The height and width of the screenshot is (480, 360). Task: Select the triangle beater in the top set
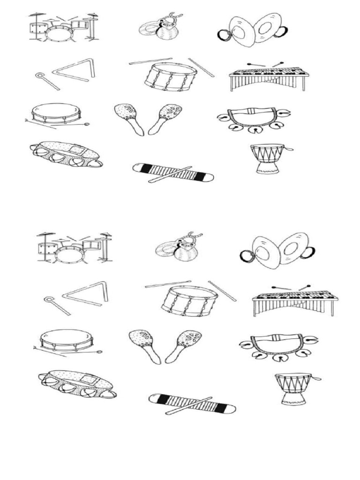point(47,81)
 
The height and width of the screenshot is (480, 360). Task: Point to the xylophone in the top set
point(269,77)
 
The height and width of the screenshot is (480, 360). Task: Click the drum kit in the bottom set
point(74,247)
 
